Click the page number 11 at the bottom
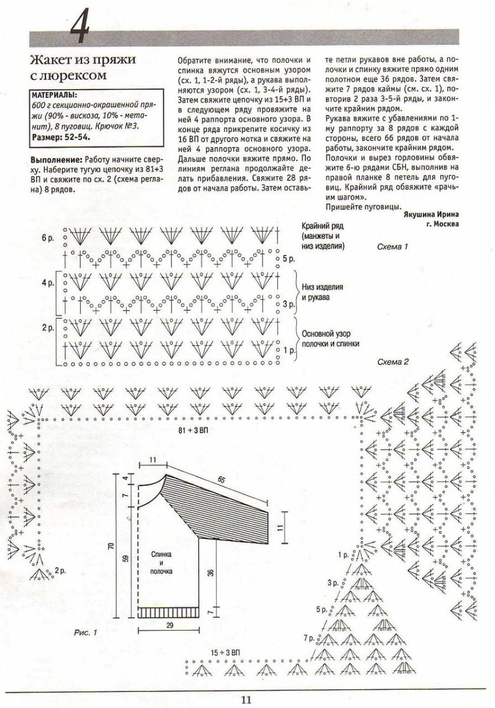click(x=247, y=700)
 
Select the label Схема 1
click(x=392, y=246)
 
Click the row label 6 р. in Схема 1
click(x=48, y=237)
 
